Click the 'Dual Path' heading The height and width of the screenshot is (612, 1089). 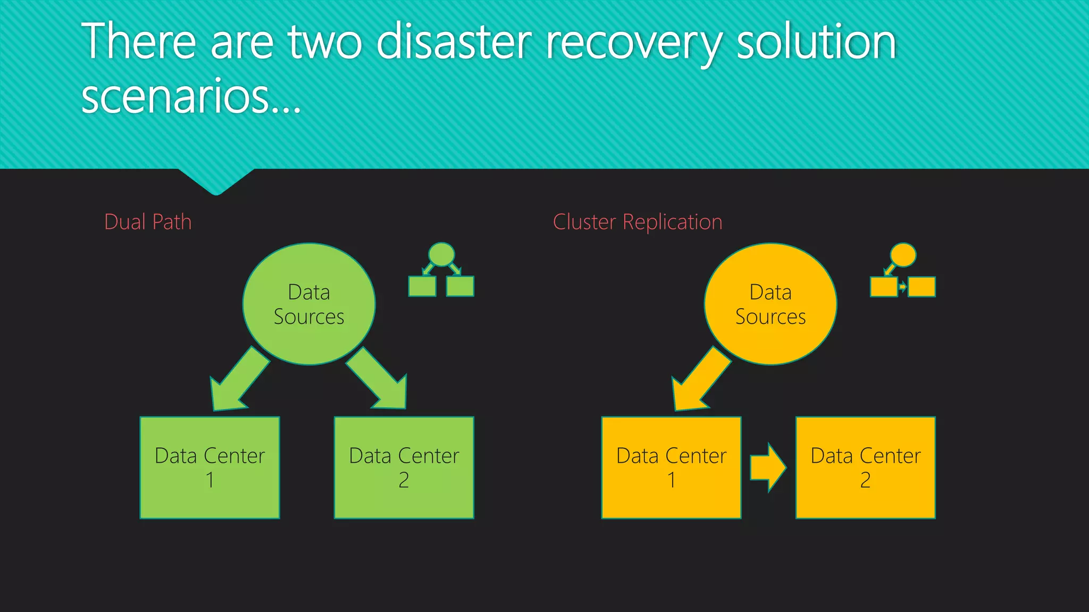(x=148, y=222)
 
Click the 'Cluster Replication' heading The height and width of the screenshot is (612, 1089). (x=637, y=222)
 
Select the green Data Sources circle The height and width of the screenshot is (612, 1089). (x=309, y=304)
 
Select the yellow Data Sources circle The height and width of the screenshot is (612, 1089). (x=770, y=304)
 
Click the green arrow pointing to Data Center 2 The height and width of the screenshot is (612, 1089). (x=379, y=381)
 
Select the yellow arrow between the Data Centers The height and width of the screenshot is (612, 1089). (x=768, y=468)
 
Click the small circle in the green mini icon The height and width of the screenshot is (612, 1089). (x=441, y=254)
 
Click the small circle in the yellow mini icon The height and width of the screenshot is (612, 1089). (x=903, y=254)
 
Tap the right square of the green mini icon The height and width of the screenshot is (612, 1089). (x=460, y=286)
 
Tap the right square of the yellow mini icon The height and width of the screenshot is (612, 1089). (x=922, y=287)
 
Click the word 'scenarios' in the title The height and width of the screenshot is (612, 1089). (x=175, y=97)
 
